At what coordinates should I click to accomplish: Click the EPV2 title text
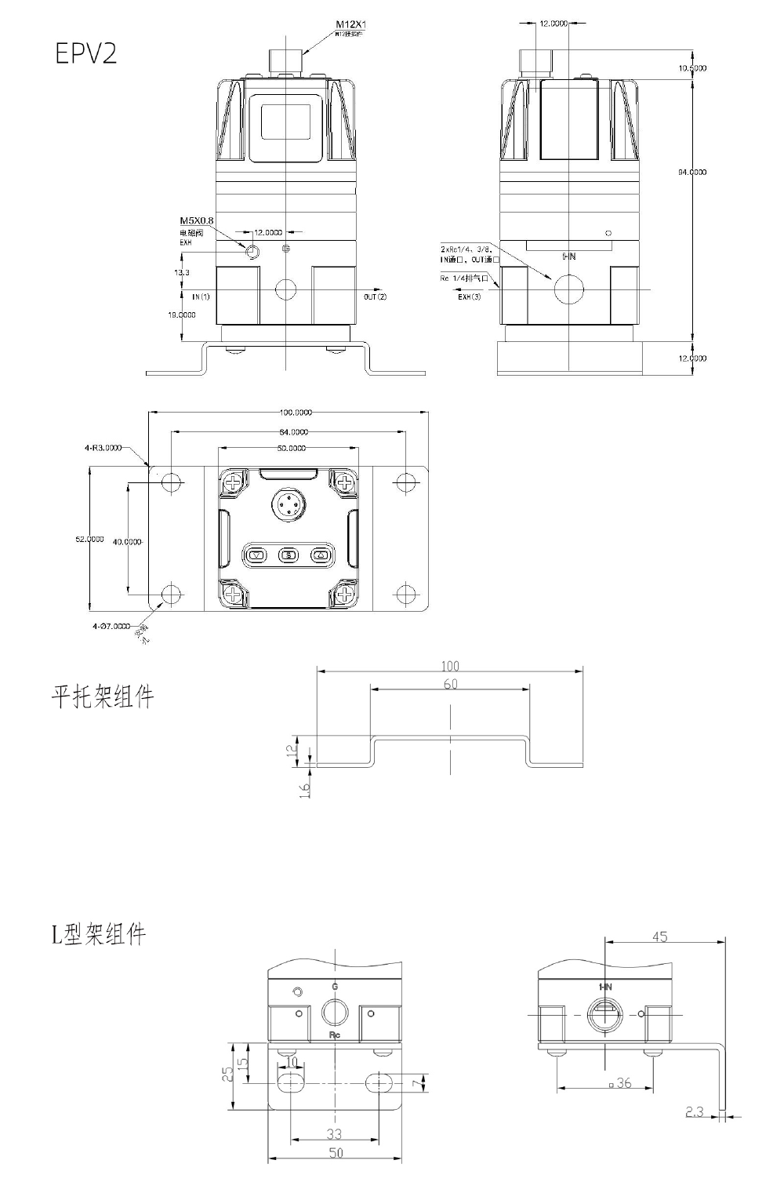pos(85,53)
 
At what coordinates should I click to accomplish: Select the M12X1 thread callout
pos(350,25)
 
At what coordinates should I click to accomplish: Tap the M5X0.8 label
pos(197,220)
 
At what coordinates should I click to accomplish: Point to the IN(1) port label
pos(201,297)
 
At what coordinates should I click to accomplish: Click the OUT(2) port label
pos(375,297)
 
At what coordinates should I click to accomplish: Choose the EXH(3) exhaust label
pos(470,296)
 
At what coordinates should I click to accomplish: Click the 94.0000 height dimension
pos(692,172)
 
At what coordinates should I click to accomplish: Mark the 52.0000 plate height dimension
pos(89,539)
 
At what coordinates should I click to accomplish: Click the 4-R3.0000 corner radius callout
pos(103,448)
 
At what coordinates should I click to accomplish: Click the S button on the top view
pos(288,555)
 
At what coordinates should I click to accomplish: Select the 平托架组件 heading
pos(103,696)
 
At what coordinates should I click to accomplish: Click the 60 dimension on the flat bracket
pos(450,684)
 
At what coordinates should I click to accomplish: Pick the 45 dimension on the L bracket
pos(660,937)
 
